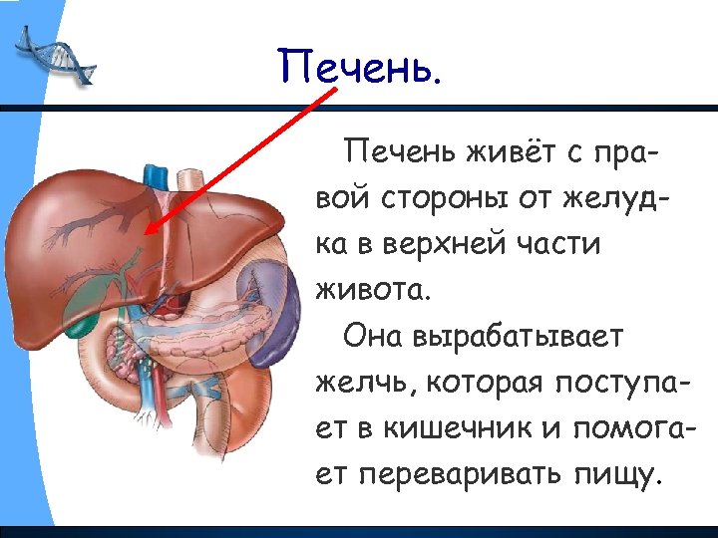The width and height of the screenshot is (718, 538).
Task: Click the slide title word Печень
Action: pyautogui.click(x=358, y=68)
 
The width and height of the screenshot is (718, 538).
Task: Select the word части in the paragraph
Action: pyautogui.click(x=562, y=243)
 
